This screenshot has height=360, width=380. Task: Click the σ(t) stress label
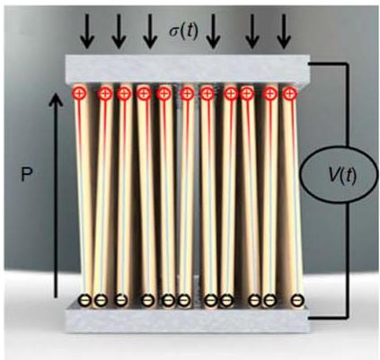[183, 31]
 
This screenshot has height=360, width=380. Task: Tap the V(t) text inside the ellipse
[342, 176]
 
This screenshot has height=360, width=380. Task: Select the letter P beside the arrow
[26, 175]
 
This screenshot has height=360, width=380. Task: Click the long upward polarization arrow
[56, 195]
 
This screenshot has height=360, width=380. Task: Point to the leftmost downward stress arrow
[87, 31]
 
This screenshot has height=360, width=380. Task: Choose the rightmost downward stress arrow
[283, 31]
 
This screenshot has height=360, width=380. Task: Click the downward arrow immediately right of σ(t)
[213, 31]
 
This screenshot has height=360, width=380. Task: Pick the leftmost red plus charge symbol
[79, 93]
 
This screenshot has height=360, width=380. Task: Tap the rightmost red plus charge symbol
[289, 93]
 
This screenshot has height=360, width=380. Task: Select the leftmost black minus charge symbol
[84, 299]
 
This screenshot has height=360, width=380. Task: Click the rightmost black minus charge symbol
[296, 299]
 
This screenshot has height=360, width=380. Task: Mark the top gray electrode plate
[188, 69]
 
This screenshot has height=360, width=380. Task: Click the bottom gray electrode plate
[188, 317]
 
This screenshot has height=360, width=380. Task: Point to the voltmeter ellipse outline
[300, 175]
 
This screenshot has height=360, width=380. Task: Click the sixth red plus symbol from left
[187, 94]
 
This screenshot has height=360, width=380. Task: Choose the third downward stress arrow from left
[150, 31]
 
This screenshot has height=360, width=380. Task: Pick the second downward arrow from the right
[252, 31]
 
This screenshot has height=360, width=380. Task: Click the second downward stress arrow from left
[119, 31]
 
